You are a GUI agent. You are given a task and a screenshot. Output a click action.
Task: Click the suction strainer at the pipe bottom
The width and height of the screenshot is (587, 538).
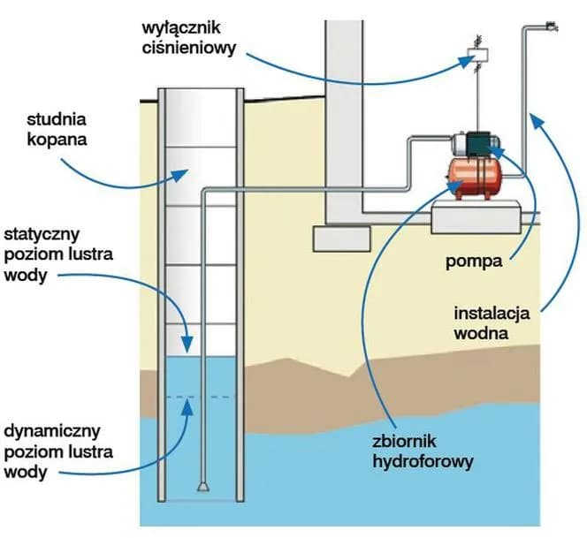coord(202,487)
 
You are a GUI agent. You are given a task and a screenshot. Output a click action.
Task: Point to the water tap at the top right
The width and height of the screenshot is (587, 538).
coord(550,26)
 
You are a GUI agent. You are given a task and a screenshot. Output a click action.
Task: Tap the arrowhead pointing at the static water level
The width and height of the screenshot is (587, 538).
coord(187,341)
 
